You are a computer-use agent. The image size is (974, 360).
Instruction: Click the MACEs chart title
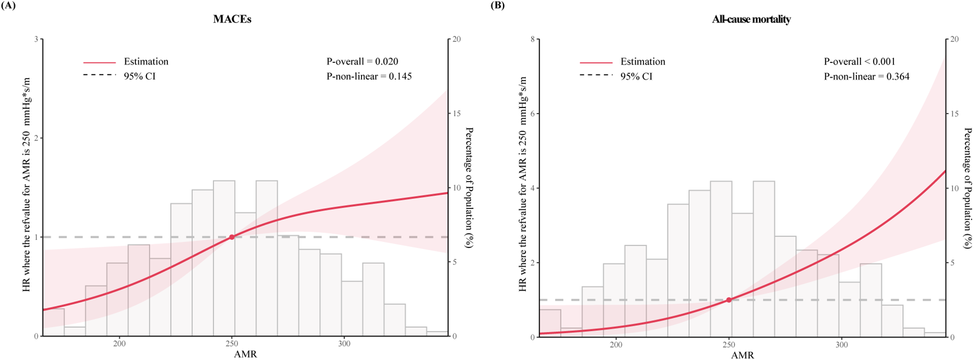(x=232, y=19)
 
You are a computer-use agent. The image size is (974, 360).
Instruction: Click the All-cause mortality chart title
(x=751, y=19)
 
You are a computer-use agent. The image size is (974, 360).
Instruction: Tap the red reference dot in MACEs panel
(x=232, y=237)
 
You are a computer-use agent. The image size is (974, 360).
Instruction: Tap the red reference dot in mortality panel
(x=729, y=300)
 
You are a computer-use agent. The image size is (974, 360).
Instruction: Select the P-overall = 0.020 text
(x=362, y=61)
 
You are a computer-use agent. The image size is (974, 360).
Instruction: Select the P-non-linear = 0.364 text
(x=866, y=76)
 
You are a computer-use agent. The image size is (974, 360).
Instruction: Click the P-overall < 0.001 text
(x=859, y=61)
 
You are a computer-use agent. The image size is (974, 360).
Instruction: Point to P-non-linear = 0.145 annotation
(x=369, y=76)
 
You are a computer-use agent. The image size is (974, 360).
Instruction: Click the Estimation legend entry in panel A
(x=145, y=61)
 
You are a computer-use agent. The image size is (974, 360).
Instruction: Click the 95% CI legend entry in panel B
(x=636, y=76)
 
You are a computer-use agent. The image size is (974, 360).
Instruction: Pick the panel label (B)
(x=497, y=5)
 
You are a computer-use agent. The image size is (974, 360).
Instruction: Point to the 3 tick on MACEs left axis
(x=35, y=39)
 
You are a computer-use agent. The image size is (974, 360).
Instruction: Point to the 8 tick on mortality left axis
(x=532, y=39)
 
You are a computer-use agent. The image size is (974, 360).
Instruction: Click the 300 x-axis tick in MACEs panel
(x=344, y=344)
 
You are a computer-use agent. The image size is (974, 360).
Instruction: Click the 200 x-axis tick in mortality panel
(x=616, y=344)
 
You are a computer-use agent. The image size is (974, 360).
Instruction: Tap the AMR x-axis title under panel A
(x=245, y=354)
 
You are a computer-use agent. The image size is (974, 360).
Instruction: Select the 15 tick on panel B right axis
(x=954, y=114)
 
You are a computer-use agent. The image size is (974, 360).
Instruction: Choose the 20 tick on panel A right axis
(x=456, y=39)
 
